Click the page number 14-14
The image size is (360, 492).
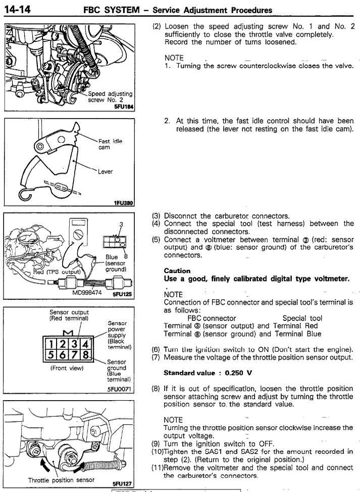pyautogui.click(x=17, y=10)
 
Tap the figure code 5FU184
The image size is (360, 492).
pyautogui.click(x=124, y=107)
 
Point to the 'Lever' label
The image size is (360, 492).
pyautogui.click(x=105, y=172)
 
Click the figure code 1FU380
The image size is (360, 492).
pyautogui.click(x=124, y=203)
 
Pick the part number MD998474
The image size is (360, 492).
pyautogui.click(x=87, y=293)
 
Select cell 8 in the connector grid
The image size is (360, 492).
pyautogui.click(x=86, y=355)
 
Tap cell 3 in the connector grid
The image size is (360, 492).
pyautogui.click(x=74, y=344)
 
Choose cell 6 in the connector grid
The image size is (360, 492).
pyautogui.click(x=63, y=355)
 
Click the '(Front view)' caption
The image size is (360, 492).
pyautogui.click(x=67, y=368)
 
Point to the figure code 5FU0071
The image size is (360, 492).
pyautogui.click(x=121, y=390)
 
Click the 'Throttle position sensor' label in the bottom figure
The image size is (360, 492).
pyautogui.click(x=61, y=480)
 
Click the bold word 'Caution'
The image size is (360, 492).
pyautogui.click(x=177, y=271)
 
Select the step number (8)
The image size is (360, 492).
pyautogui.click(x=156, y=389)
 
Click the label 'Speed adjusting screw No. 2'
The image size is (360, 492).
pyautogui.click(x=110, y=97)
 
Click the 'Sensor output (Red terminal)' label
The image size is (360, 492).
pyautogui.click(x=69, y=315)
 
